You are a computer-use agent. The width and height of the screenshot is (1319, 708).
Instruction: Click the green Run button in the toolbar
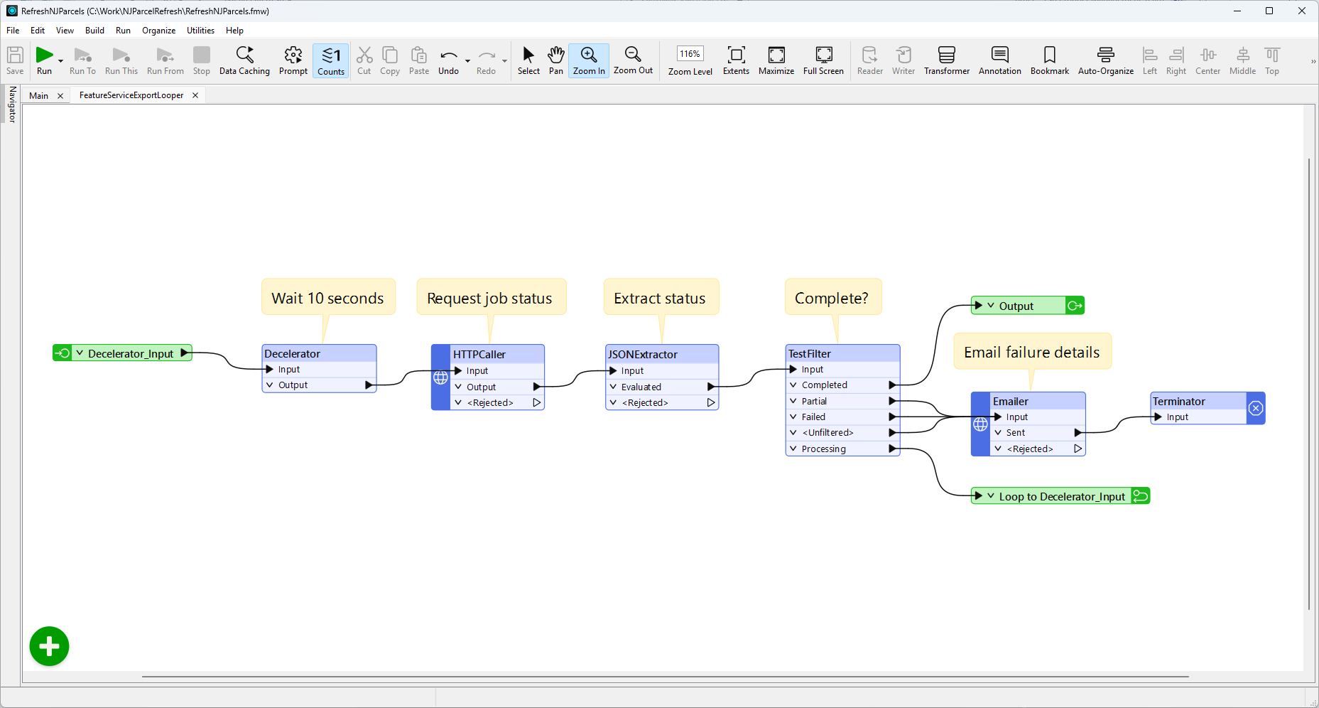point(44,60)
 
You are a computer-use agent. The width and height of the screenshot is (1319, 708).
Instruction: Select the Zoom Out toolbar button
point(633,60)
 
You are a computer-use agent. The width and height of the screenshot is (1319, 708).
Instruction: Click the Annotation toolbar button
point(999,60)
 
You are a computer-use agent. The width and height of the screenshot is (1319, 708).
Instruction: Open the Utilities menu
point(200,31)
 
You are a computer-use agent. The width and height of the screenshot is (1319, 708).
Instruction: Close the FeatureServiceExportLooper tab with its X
point(195,95)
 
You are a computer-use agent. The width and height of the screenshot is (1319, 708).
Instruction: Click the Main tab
point(39,95)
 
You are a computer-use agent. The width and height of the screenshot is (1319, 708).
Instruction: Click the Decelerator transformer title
point(293,353)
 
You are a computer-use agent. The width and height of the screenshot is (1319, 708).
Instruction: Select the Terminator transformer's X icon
point(1256,408)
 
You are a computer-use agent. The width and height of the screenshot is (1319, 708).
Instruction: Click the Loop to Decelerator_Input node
point(1060,496)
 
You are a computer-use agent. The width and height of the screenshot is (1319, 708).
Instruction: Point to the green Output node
point(1028,306)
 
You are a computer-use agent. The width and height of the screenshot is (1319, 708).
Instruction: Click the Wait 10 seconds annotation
point(328,298)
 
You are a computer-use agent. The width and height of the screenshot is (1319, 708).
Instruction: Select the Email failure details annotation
point(1032,352)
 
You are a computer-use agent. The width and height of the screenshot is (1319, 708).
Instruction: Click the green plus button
point(49,646)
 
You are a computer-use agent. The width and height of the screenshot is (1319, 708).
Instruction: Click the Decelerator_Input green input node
point(122,353)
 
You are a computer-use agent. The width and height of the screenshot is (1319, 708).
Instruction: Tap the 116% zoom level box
point(690,54)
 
